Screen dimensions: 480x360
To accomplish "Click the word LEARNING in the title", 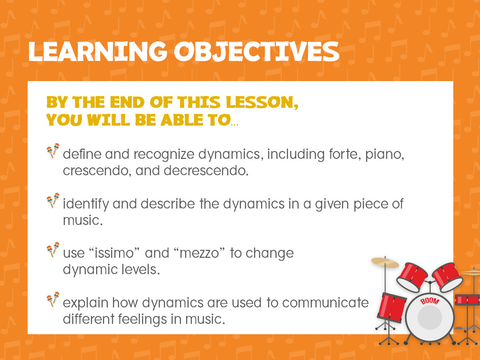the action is pos(97,51).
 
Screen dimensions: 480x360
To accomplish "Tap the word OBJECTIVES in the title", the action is pos(256,51).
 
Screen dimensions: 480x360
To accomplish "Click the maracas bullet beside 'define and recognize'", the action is pos(53,150).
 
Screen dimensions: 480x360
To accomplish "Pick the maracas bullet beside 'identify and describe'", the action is pos(53,200).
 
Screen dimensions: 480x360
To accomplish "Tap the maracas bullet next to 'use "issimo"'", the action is pos(53,250).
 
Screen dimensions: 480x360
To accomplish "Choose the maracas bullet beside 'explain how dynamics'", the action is pos(53,300).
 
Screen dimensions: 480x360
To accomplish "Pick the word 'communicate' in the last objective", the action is pos(325,303).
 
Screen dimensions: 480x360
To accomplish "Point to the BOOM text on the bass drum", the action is pos(429,301).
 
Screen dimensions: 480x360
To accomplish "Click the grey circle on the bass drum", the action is pos(430,317).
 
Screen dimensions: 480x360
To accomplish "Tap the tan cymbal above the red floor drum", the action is pos(385,262).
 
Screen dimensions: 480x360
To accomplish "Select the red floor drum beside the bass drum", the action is pos(391,307).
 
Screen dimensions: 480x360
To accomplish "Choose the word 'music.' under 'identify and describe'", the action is pos(82,220).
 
